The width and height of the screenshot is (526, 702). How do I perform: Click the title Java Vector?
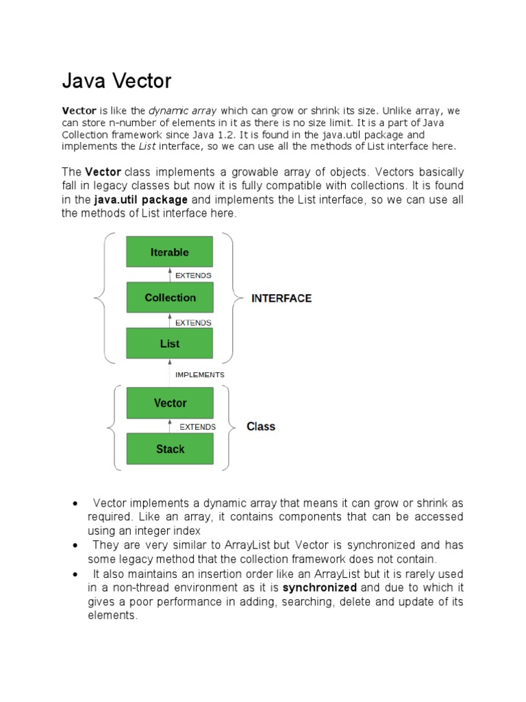(x=116, y=82)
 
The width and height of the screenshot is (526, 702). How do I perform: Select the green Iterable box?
(x=169, y=252)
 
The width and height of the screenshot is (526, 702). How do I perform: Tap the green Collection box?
(x=169, y=298)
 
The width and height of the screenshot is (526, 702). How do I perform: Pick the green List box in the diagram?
(x=169, y=343)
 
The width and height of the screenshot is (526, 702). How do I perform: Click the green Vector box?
(x=169, y=403)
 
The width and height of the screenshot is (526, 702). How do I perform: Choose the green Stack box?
(x=169, y=449)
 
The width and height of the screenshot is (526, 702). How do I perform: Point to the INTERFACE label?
(x=281, y=298)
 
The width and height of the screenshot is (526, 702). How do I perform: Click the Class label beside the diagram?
(x=260, y=426)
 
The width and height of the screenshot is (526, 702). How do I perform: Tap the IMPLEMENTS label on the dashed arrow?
(x=199, y=375)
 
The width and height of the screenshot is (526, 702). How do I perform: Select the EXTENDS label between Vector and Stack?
(x=197, y=426)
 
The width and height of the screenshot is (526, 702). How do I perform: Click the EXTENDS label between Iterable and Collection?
(x=193, y=276)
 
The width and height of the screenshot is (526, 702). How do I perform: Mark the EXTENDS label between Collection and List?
(x=193, y=322)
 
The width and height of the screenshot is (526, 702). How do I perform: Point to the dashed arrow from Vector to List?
(x=169, y=374)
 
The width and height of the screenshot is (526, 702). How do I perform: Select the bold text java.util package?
(x=140, y=199)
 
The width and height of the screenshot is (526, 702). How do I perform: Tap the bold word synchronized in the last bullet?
(x=319, y=588)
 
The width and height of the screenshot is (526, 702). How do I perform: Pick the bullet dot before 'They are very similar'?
(x=74, y=545)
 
